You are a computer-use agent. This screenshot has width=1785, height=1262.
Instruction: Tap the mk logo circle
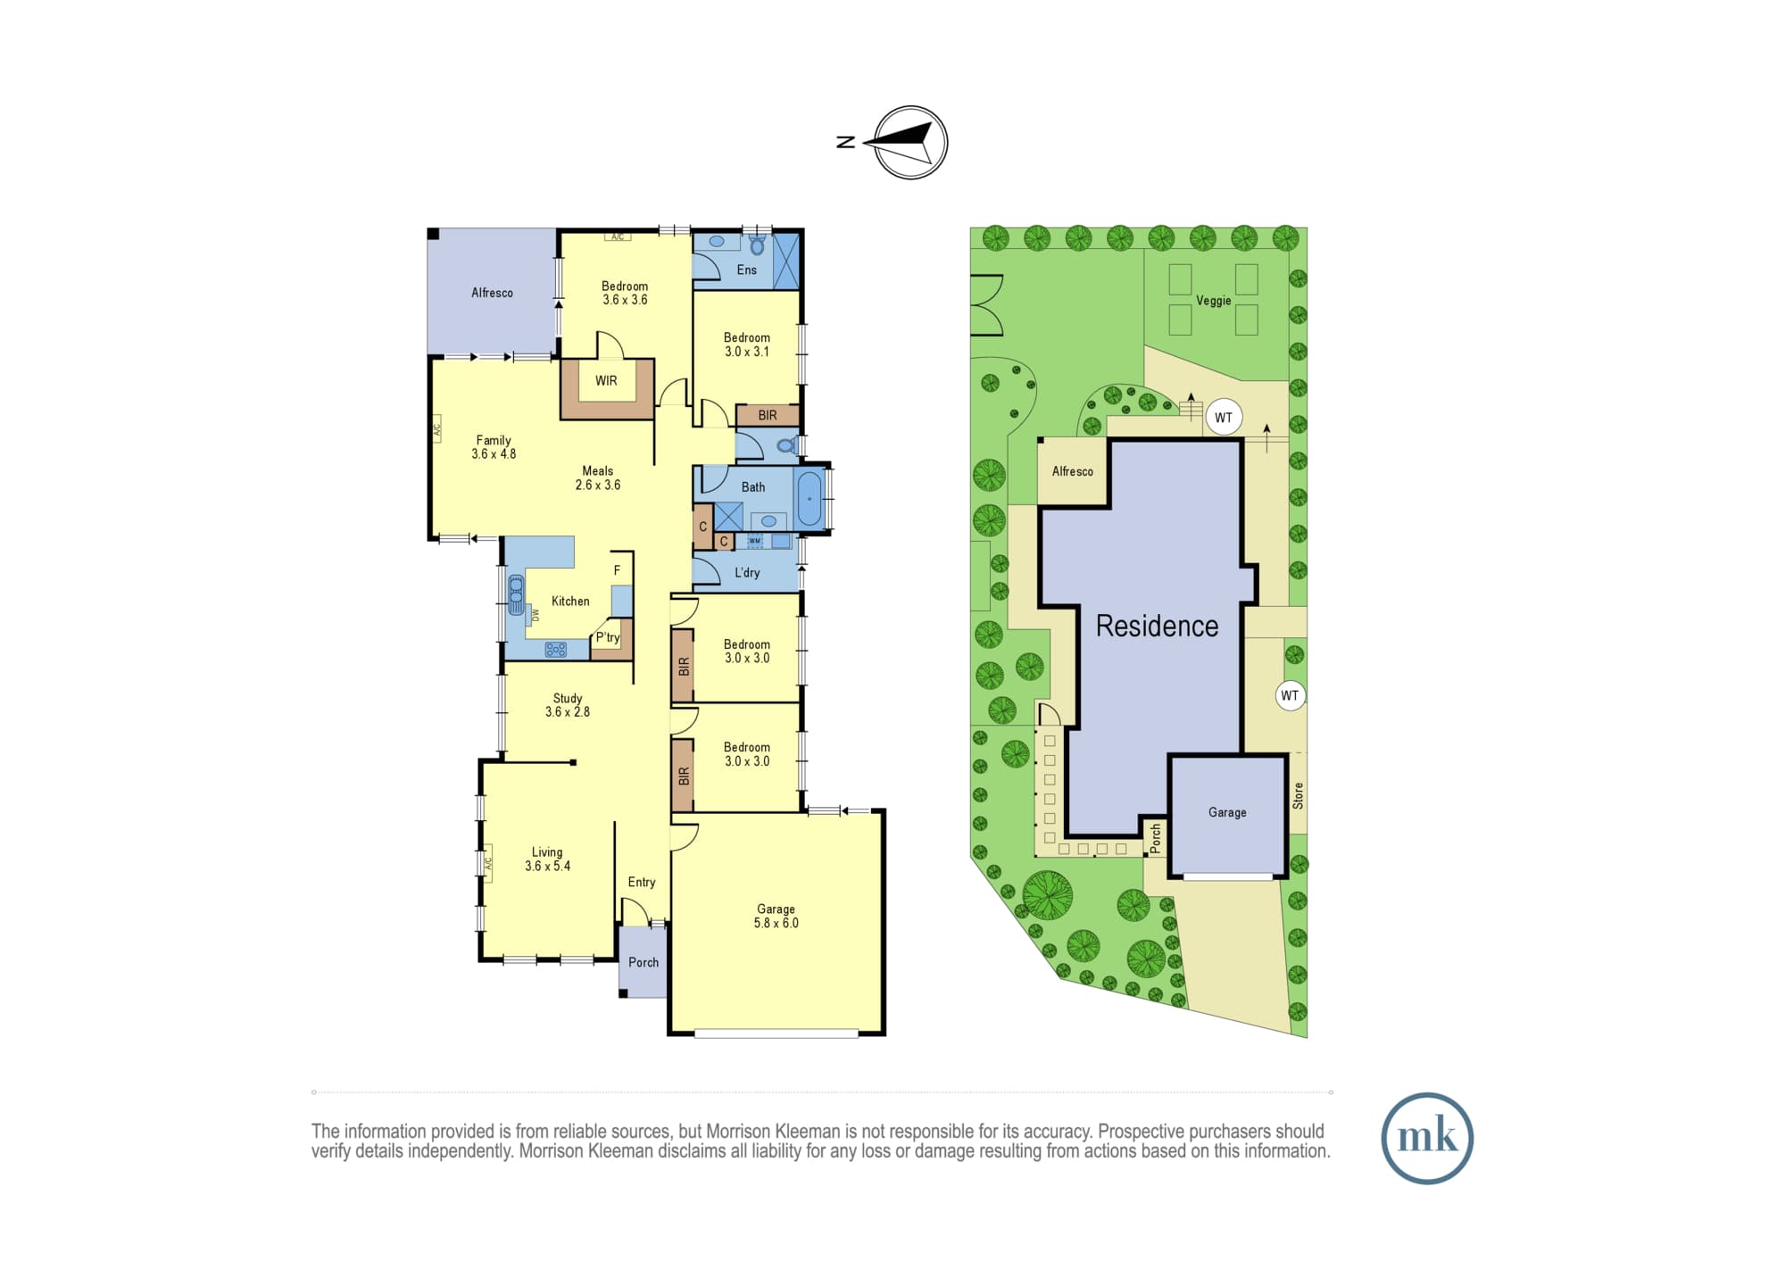pyautogui.click(x=1427, y=1138)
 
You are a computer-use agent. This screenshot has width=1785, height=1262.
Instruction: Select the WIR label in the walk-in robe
pyautogui.click(x=606, y=381)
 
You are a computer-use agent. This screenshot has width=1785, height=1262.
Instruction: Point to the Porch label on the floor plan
pyautogui.click(x=643, y=962)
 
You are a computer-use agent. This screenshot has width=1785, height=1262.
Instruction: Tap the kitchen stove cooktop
pyautogui.click(x=555, y=650)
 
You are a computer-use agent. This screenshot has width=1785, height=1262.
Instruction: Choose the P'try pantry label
pyautogui.click(x=608, y=637)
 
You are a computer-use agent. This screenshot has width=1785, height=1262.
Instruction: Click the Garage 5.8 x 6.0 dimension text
pyautogui.click(x=776, y=923)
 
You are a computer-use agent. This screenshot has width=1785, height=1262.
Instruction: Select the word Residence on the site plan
pyautogui.click(x=1157, y=627)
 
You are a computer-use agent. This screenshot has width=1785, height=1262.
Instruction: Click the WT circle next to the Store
pyautogui.click(x=1290, y=696)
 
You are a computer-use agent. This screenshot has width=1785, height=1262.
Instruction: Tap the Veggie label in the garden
pyautogui.click(x=1214, y=301)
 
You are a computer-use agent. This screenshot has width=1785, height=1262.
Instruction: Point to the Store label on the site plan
pyautogui.click(x=1298, y=795)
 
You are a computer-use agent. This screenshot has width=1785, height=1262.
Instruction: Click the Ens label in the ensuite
pyautogui.click(x=747, y=270)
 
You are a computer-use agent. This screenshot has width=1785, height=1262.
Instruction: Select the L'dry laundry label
pyautogui.click(x=747, y=573)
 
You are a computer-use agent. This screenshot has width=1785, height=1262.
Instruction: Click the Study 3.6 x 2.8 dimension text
pyautogui.click(x=568, y=712)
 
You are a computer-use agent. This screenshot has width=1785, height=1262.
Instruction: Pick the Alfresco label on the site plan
pyautogui.click(x=1072, y=471)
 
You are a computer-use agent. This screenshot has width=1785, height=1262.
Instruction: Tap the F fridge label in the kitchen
pyautogui.click(x=617, y=571)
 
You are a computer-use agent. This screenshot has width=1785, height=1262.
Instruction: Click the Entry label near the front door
pyautogui.click(x=642, y=883)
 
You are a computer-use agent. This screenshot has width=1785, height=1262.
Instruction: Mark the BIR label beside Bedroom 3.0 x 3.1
pyautogui.click(x=768, y=416)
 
